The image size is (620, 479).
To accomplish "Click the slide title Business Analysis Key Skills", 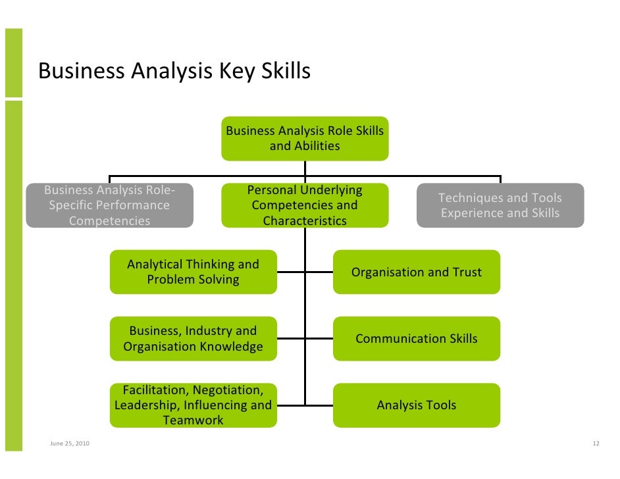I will tap(174, 71).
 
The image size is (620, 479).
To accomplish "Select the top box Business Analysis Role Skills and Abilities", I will tap(305, 138).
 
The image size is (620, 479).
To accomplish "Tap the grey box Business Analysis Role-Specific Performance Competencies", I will tap(109, 205).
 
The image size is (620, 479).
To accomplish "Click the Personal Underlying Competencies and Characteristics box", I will tap(305, 205).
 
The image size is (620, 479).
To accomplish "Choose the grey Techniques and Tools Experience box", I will tap(500, 205).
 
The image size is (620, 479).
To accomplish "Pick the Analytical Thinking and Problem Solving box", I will tap(193, 272).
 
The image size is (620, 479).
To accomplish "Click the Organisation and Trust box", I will tap(416, 272).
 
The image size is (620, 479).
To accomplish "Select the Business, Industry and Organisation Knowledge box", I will tap(193, 338).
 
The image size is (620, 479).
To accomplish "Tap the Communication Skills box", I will tap(416, 338).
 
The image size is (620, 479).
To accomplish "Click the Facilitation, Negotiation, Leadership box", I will tap(193, 405).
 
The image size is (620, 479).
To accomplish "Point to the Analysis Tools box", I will tap(416, 405).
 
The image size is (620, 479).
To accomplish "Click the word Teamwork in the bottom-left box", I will tap(193, 420).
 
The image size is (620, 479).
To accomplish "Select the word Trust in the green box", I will tap(465, 272).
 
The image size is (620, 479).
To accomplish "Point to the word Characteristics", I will tap(305, 220).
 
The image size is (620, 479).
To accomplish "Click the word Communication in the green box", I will tap(392, 338).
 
